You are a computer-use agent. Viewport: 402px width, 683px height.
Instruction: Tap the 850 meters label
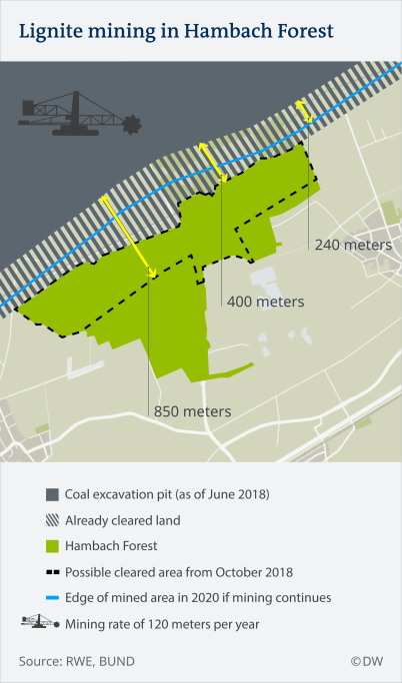[x=191, y=410]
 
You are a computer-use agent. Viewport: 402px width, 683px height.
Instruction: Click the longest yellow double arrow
[x=128, y=237]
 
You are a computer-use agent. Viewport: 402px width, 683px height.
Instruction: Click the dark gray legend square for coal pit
[x=52, y=494]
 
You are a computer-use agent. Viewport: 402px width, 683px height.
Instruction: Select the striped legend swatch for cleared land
[x=52, y=520]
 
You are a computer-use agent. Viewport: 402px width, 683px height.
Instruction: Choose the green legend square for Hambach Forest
[x=52, y=546]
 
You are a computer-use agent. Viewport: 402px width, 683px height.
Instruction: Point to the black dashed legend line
[x=52, y=572]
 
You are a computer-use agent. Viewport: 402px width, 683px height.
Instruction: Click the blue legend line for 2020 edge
[x=52, y=598]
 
